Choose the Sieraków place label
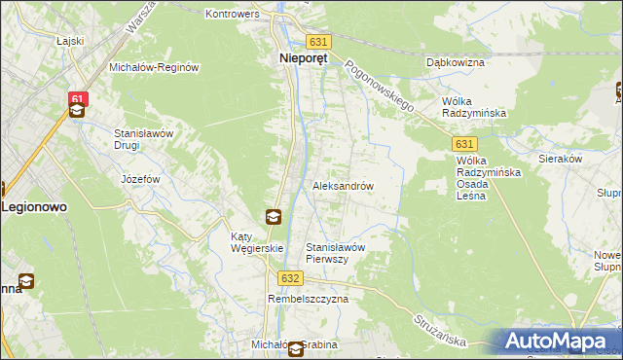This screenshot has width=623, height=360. (560, 157)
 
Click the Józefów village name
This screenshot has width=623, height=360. (140, 180)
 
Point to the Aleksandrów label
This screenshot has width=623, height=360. (343, 185)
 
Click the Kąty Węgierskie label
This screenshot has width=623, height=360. (256, 242)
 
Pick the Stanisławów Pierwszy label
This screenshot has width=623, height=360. (335, 253)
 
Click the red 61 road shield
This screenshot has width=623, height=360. (79, 98)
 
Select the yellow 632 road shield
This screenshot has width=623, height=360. (289, 278)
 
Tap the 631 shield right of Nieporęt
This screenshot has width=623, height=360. (318, 42)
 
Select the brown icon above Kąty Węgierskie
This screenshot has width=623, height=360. (275, 216)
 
